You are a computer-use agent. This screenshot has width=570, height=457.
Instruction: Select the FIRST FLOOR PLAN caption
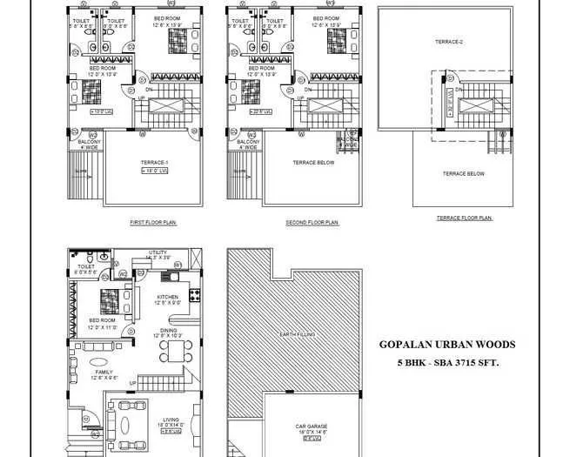coord(153,223)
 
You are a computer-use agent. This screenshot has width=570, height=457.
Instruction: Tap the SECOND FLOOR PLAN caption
coord(312,223)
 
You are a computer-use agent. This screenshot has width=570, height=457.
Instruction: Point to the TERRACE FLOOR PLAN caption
coord(464,218)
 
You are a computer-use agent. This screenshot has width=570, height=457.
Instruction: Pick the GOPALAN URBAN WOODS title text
coord(447,345)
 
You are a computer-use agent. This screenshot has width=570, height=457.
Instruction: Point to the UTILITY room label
coord(158,252)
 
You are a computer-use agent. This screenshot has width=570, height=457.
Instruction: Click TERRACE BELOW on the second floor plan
coord(311,163)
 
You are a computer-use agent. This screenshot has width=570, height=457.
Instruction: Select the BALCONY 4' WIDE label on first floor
coord(89,144)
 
